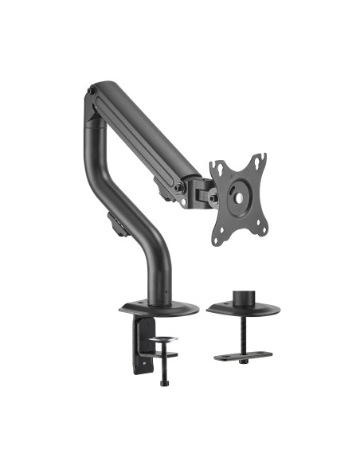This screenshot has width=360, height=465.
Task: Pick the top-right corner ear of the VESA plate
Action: (261, 157)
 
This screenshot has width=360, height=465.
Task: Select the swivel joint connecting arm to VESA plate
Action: (200, 190)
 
